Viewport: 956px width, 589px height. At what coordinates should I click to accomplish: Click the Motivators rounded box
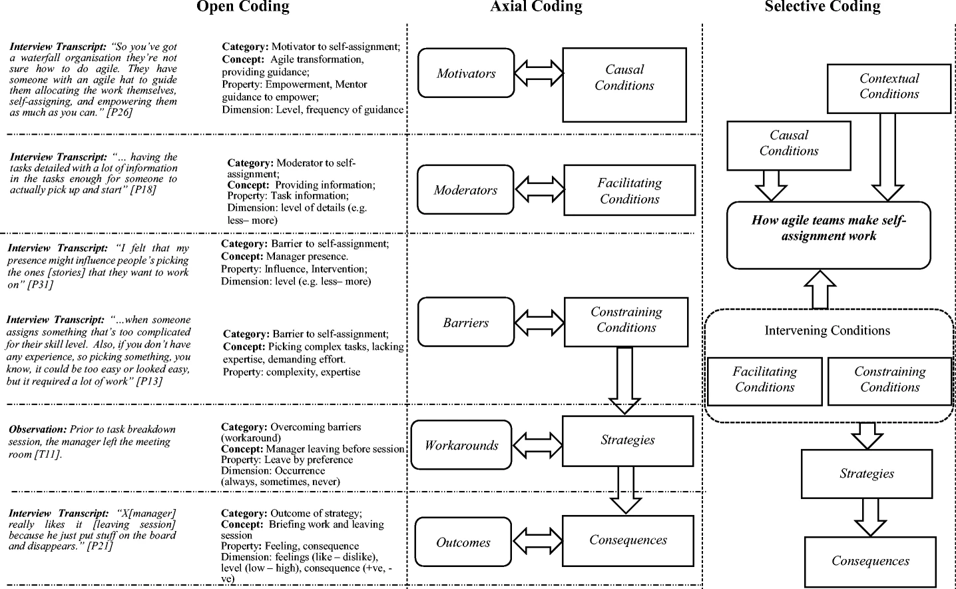pyautogui.click(x=466, y=73)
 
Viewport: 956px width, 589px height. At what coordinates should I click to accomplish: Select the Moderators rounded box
pyautogui.click(x=465, y=190)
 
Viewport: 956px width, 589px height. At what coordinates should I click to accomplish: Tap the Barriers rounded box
pyautogui.click(x=466, y=322)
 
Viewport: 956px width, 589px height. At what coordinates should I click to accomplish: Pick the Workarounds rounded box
pyautogui.click(x=461, y=445)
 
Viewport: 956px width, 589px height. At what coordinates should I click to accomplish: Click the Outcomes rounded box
pyautogui.click(x=463, y=542)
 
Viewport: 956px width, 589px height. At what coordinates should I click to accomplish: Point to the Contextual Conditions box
pyautogui.click(x=889, y=89)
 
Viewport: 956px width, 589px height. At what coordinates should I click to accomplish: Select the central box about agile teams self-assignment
pyautogui.click(x=829, y=235)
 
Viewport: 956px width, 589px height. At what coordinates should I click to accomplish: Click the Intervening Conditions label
pyautogui.click(x=827, y=330)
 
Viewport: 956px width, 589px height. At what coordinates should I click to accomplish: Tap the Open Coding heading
pyautogui.click(x=243, y=7)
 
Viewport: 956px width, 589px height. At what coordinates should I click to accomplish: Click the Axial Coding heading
pyautogui.click(x=536, y=7)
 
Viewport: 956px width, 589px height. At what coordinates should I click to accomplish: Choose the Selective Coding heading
pyautogui.click(x=822, y=7)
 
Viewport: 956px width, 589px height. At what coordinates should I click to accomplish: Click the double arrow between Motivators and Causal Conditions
pyautogui.click(x=539, y=73)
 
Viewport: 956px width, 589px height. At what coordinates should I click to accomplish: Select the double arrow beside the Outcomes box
pyautogui.click(x=537, y=541)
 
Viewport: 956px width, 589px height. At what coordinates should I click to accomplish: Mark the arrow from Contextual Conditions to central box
pyautogui.click(x=887, y=157)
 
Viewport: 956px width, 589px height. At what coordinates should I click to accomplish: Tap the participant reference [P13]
pyautogui.click(x=149, y=381)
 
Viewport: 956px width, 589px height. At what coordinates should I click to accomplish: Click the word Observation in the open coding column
pyautogui.click(x=37, y=429)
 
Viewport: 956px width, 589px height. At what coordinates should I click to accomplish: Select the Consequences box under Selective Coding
pyautogui.click(x=870, y=562)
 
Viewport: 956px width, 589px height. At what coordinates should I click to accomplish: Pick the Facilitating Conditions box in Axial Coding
pyautogui.click(x=630, y=190)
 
